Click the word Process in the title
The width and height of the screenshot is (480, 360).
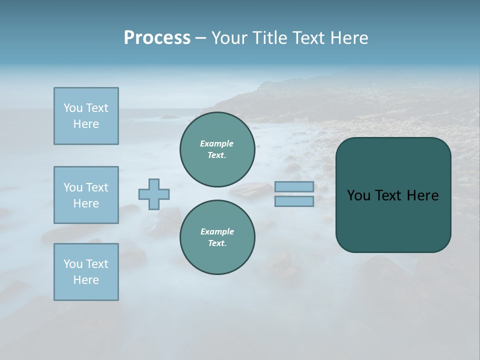157,38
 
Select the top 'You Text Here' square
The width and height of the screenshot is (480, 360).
86,116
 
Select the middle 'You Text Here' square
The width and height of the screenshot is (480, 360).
86,195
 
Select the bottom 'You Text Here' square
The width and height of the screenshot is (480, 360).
86,272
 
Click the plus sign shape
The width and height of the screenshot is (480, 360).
154,194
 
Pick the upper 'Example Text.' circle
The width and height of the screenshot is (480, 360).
217,149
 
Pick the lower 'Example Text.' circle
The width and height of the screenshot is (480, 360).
217,237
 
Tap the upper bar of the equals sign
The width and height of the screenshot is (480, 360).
294,186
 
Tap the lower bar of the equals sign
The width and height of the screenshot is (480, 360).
294,201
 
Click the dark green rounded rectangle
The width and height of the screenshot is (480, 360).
393,220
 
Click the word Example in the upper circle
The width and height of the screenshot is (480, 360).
217,143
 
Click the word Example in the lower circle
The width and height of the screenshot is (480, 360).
217,231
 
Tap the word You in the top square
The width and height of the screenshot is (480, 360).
72,108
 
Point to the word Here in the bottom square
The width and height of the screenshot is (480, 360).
86,280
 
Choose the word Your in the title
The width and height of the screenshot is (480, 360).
229,38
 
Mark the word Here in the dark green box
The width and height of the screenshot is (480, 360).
422,195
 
